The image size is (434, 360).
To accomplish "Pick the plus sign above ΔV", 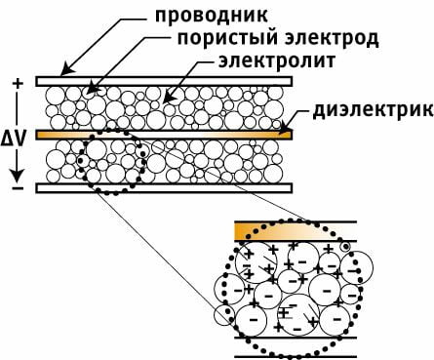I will click(16, 84).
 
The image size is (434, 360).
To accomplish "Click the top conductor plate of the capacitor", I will click(163, 80).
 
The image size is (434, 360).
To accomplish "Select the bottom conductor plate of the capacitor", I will click(163, 186).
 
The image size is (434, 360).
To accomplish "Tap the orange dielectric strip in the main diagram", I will click(163, 134).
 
